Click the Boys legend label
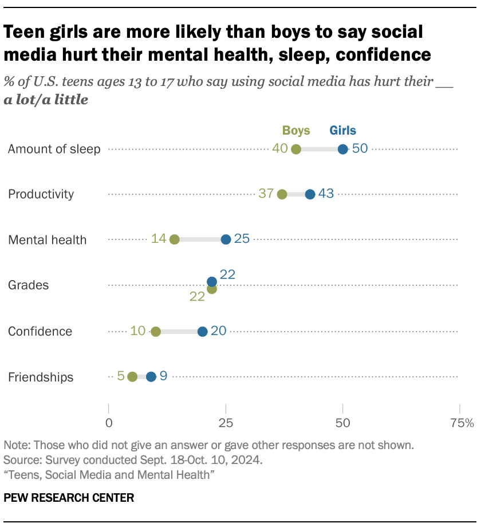pos(296,131)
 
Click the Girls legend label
pos(342,131)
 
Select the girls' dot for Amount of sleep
pos(342,150)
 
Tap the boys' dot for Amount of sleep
pos(296,150)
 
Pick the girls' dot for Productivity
pos(310,194)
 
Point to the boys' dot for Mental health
pos(175,239)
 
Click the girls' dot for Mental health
pos(226,239)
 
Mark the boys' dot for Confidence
pos(156,332)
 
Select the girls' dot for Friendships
pos(151,377)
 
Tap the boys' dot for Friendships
pos(132,377)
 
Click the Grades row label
pos(28,285)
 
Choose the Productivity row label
pos(41,194)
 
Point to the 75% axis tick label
pos(462,424)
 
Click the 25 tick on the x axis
pos(226,424)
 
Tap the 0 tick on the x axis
pos(109,424)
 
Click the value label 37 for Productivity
pos(266,194)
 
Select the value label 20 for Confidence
pos(219,331)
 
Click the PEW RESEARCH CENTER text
pos(69,498)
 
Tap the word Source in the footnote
pos(19,459)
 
